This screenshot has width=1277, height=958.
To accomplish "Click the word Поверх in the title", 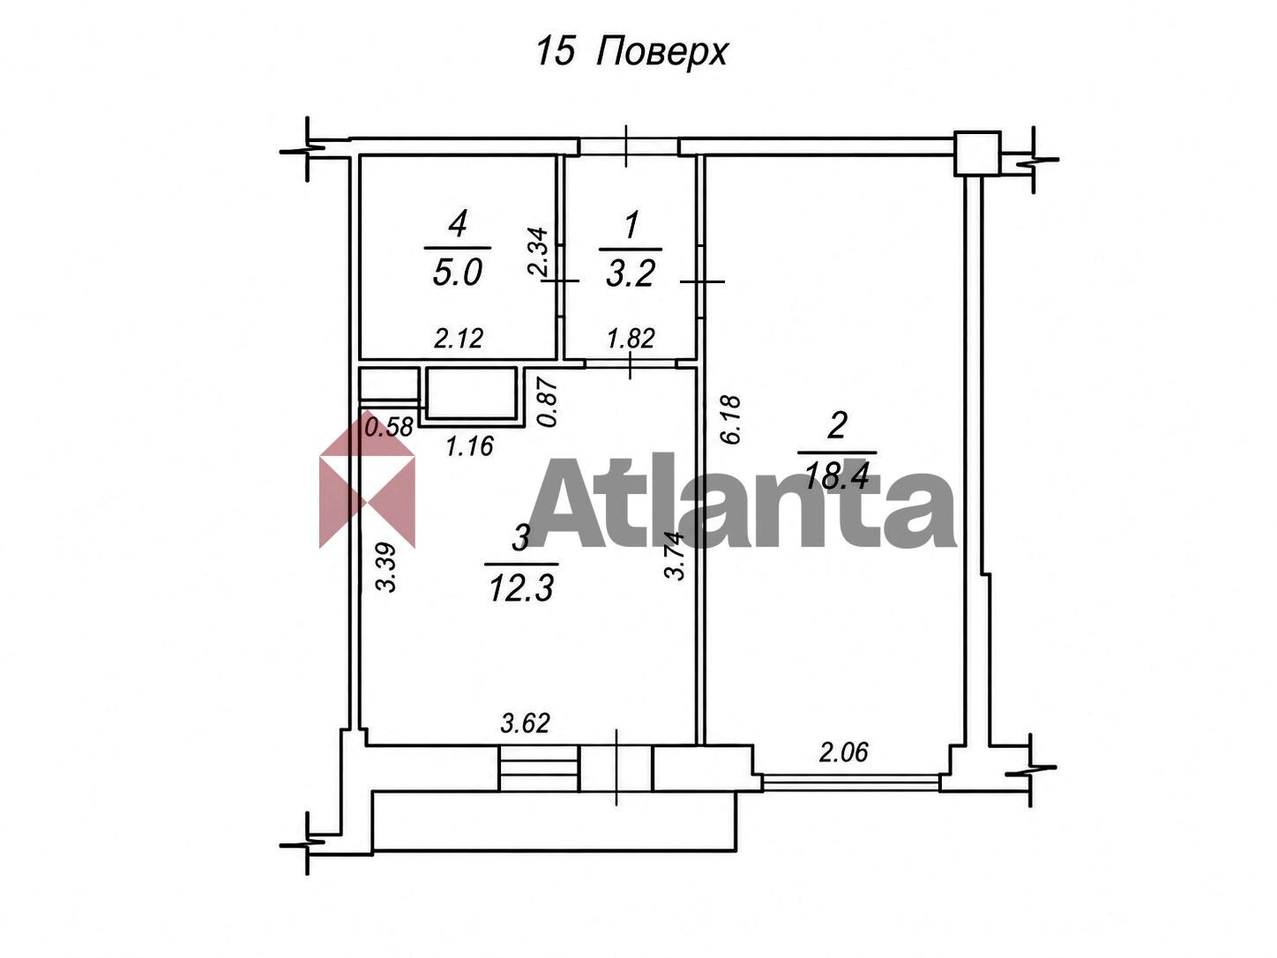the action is tap(661, 53).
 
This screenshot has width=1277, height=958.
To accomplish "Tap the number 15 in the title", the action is tap(556, 51).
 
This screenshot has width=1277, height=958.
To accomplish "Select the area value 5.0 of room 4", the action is tap(458, 273).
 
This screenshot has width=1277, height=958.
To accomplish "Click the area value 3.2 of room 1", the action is tap(631, 273).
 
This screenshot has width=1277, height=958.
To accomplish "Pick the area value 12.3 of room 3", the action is tap(521, 589).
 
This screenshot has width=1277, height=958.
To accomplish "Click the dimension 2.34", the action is tap(538, 251).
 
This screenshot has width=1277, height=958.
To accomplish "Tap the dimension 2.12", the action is tap(459, 338).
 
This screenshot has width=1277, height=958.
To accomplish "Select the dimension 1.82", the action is tap(631, 338).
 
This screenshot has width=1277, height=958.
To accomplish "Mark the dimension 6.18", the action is tap(731, 420).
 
